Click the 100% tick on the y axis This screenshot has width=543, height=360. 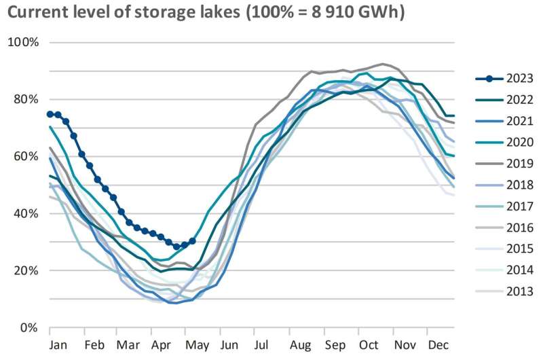point(23,42)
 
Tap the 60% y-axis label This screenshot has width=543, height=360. point(26,156)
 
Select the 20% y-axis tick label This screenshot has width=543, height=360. point(26,270)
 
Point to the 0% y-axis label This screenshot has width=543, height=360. point(29,327)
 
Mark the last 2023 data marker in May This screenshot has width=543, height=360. point(193,241)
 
